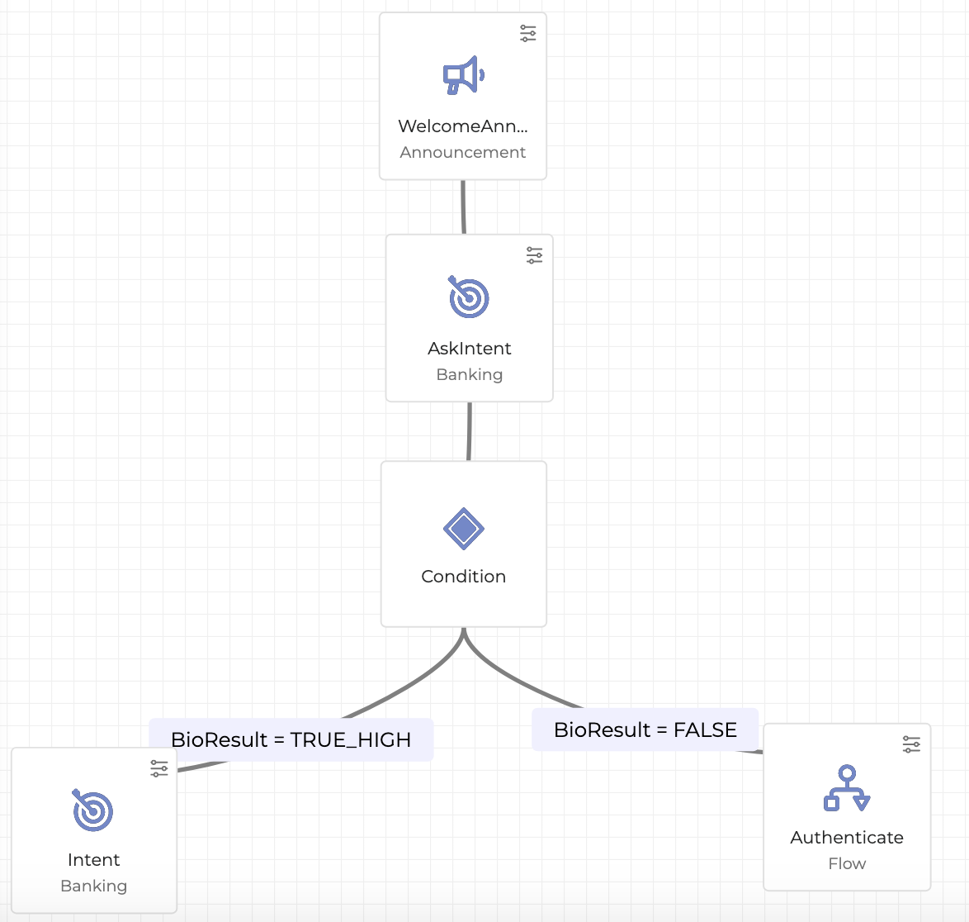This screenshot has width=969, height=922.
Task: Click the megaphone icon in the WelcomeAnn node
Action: (463, 75)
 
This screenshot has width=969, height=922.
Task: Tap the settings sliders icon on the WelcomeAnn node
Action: (528, 33)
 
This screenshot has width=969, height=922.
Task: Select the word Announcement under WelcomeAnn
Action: (462, 152)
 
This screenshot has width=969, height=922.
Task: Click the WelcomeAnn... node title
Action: (462, 126)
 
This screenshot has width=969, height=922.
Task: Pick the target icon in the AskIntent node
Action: (469, 297)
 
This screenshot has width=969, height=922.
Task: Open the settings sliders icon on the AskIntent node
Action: (535, 255)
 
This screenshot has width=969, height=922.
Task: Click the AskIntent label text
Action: (469, 349)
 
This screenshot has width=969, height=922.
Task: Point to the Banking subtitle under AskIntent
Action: (469, 374)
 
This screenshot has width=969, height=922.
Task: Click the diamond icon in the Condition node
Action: (463, 529)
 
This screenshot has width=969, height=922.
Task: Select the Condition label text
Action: (463, 577)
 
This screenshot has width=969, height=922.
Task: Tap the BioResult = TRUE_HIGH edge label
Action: (291, 739)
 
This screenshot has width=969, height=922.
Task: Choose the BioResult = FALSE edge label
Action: (645, 730)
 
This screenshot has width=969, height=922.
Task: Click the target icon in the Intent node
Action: (93, 810)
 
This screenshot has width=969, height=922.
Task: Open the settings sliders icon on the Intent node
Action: (159, 768)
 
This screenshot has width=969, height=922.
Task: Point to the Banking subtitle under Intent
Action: (93, 886)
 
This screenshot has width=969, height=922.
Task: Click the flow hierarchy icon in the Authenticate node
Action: (847, 788)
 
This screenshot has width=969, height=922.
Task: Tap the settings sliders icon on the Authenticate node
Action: (911, 744)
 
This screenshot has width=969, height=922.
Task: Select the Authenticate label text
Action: (847, 838)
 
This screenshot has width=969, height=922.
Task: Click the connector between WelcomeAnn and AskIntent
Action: (463, 207)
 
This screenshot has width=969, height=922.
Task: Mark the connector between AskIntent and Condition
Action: (469, 431)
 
